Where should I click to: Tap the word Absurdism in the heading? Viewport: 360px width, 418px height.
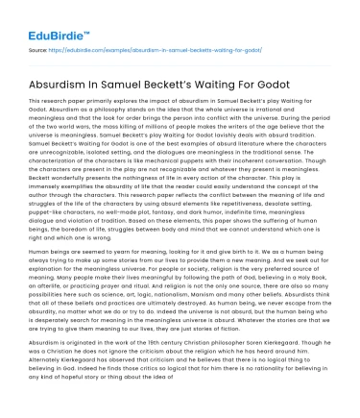[61, 76]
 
